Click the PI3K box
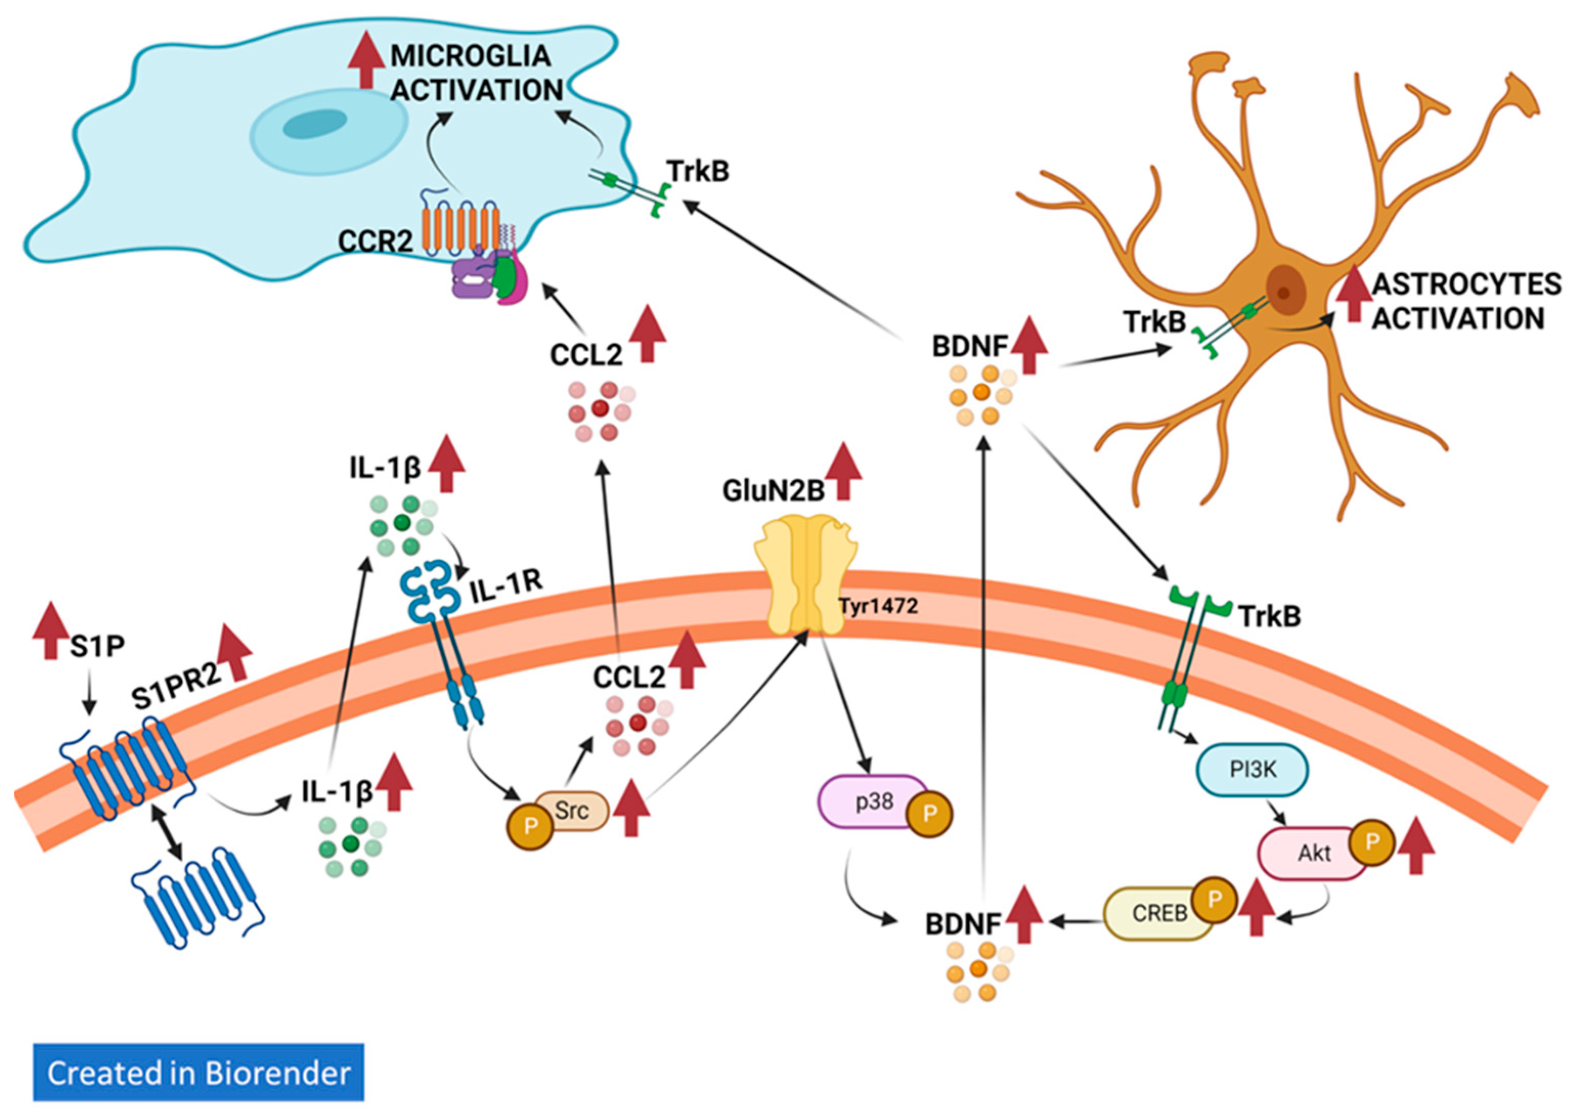(1252, 770)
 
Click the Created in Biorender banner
(198, 1073)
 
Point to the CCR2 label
(375, 241)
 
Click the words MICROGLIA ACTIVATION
(474, 73)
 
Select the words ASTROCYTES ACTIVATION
(1466, 301)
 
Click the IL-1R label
(506, 586)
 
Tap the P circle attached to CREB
(1213, 899)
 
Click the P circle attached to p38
(929, 814)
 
